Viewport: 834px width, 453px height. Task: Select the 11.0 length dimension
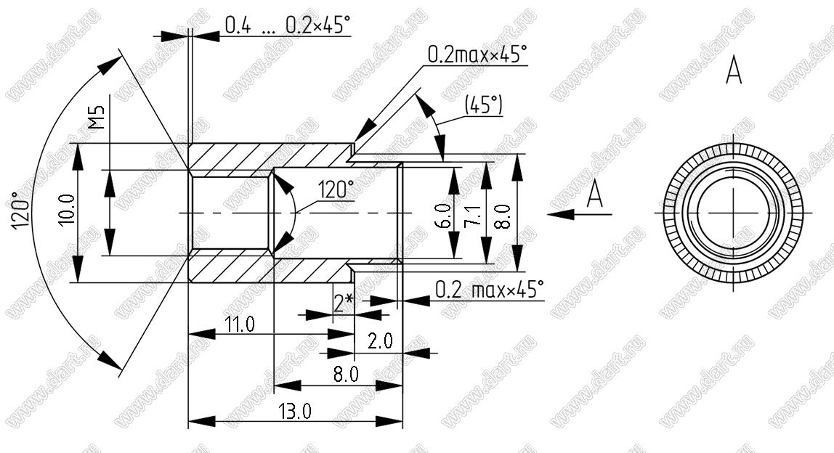pos(239,324)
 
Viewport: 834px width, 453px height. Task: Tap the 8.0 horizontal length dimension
pos(346,375)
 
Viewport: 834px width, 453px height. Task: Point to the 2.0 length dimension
pos(380,340)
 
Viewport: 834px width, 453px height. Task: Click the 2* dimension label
pos(343,303)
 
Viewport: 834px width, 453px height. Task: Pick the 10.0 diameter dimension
pos(68,209)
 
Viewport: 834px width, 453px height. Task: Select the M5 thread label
pos(97,117)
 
